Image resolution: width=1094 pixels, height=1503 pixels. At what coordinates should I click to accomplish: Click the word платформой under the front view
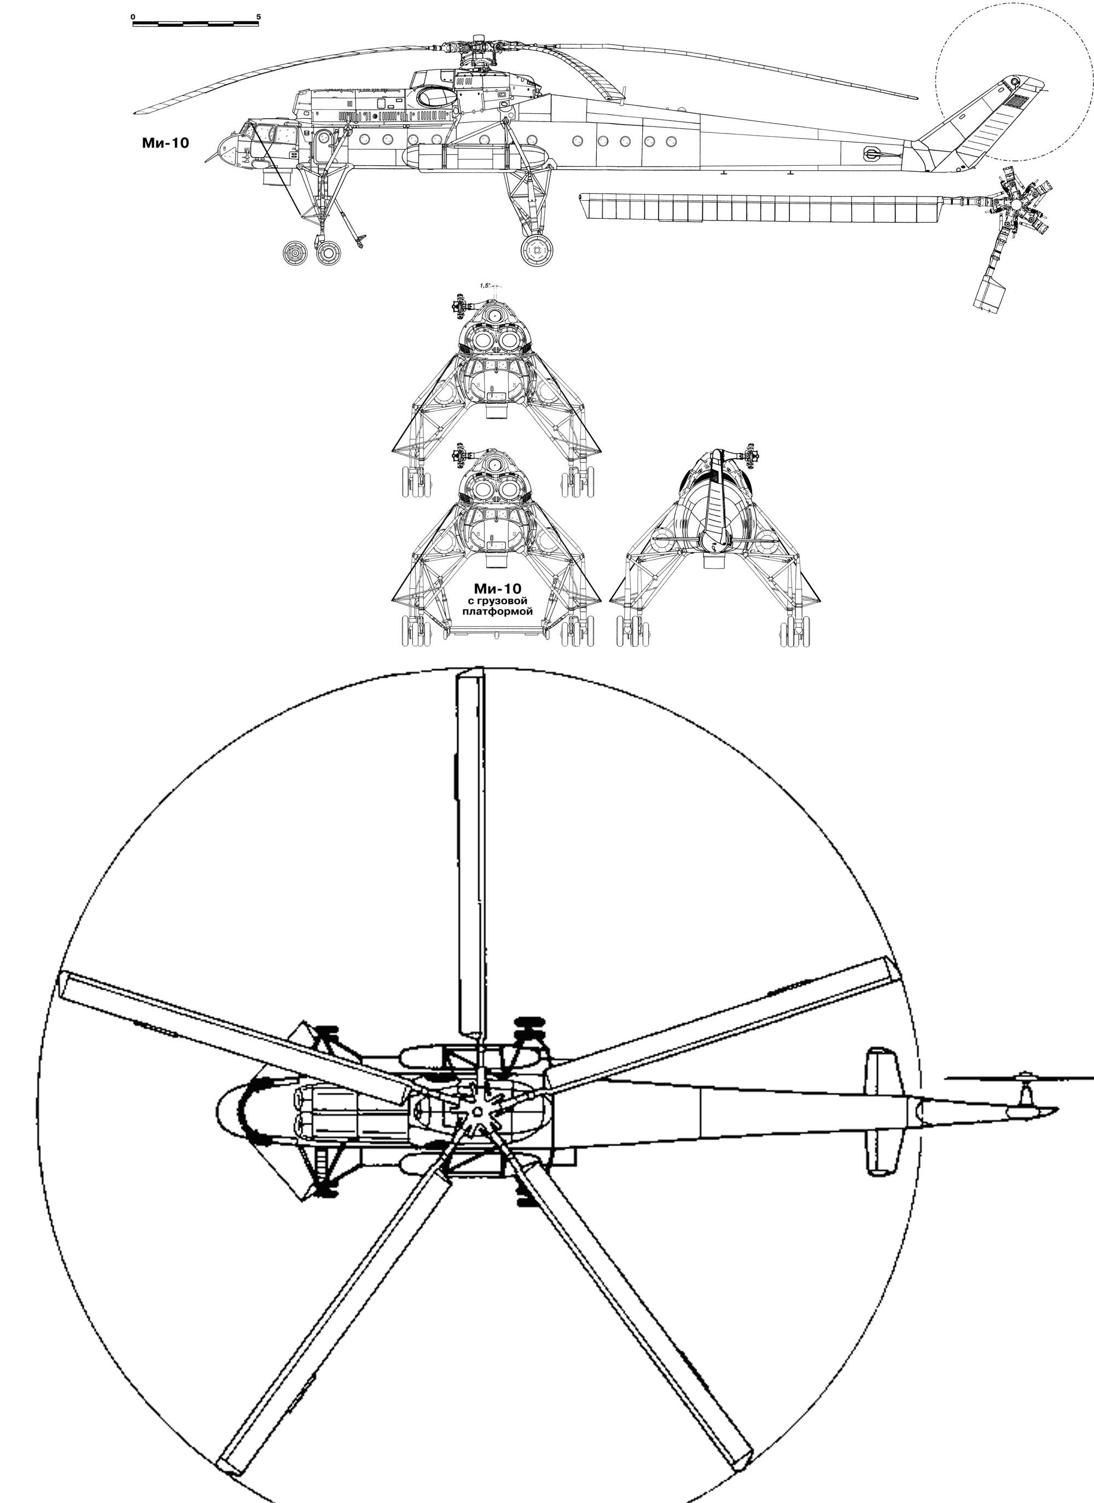(497, 612)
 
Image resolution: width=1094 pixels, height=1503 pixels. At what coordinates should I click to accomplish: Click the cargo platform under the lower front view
(497, 634)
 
